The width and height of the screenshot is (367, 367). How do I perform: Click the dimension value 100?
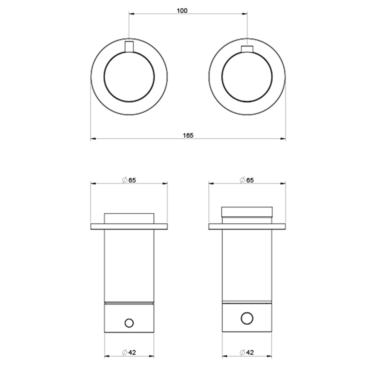point(182,11)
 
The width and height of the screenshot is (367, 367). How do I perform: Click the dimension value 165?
point(188,135)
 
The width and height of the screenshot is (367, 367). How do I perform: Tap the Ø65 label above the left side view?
point(129,180)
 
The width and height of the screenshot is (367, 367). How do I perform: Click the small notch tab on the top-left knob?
point(129,46)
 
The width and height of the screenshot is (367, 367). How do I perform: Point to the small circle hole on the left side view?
point(129,322)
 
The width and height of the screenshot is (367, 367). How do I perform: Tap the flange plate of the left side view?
point(129,226)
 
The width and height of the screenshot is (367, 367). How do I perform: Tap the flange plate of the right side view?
point(247,226)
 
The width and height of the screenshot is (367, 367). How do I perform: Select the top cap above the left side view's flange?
point(129,218)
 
